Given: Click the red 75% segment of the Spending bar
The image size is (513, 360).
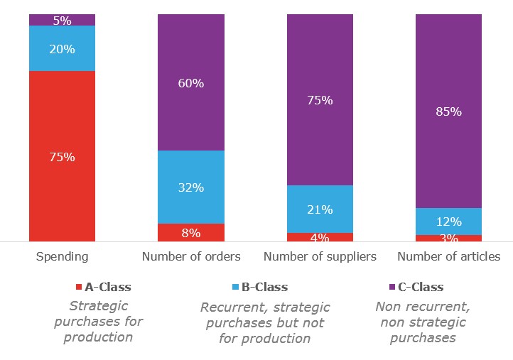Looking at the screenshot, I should (x=62, y=156).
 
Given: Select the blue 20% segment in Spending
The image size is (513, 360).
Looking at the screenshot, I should (x=62, y=48).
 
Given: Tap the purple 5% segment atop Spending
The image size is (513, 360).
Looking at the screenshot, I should (x=62, y=20).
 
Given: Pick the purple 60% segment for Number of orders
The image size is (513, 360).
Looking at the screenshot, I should (x=190, y=82).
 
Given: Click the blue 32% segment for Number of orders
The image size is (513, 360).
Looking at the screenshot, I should (x=190, y=187).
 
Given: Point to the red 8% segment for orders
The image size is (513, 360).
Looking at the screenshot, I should (x=190, y=233).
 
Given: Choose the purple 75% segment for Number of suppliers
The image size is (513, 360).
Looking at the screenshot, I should (x=320, y=99).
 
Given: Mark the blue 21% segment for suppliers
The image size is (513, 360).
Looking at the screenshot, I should (x=320, y=209).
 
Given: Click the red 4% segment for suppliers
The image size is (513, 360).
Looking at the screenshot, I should (x=320, y=237).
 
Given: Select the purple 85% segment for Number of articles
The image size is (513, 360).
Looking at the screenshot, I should (x=448, y=111).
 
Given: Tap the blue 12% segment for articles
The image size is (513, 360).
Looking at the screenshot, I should (x=448, y=221).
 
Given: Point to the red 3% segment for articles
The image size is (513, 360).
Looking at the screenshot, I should (x=448, y=239).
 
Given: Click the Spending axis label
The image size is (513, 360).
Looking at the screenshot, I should (x=62, y=256).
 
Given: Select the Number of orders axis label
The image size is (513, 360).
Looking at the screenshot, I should (x=191, y=256).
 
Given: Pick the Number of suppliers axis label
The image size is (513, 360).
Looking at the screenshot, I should (x=320, y=256).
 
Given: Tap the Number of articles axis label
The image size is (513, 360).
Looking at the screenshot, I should (x=448, y=256).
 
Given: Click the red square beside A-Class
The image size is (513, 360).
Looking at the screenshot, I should (x=79, y=288).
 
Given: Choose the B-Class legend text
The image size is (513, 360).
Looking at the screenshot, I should (x=264, y=287).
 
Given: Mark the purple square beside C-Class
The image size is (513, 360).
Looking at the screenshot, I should (x=392, y=288).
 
